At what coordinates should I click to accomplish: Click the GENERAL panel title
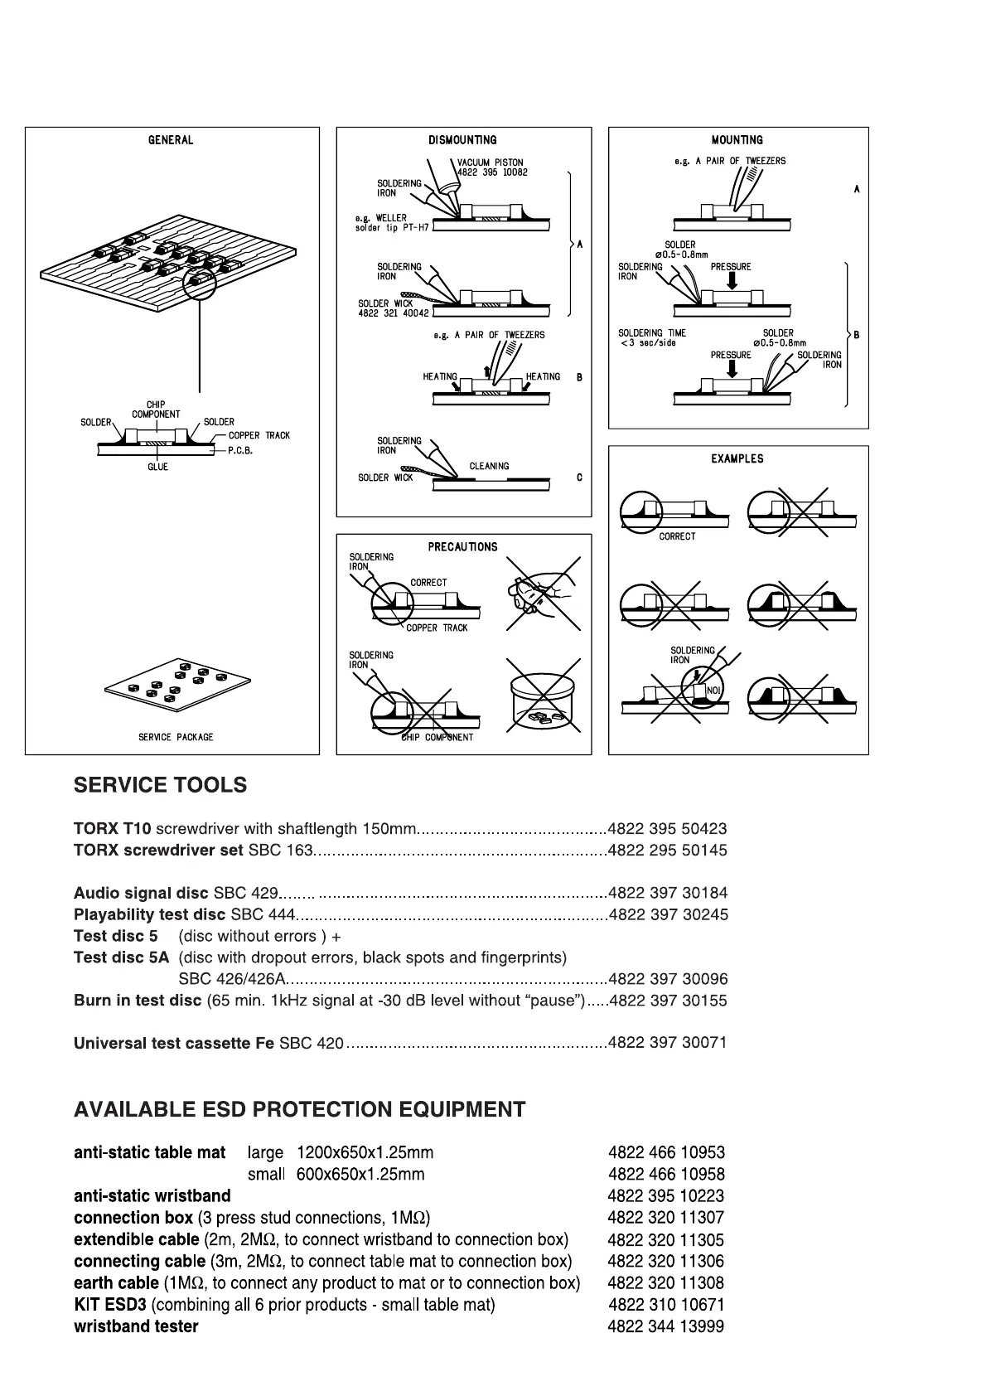click(171, 140)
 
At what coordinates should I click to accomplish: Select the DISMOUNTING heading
click(462, 140)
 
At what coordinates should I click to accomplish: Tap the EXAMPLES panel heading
click(737, 458)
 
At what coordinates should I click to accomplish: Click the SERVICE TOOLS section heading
click(160, 785)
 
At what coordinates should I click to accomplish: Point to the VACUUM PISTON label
click(491, 162)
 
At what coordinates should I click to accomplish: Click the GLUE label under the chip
click(157, 467)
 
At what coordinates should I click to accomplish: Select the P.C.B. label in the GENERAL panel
click(240, 451)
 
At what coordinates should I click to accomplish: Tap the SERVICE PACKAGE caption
click(176, 737)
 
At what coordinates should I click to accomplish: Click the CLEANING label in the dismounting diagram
click(489, 466)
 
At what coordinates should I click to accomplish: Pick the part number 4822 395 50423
click(667, 828)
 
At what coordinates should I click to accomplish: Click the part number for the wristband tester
click(665, 1326)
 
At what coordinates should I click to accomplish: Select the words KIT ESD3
click(110, 1305)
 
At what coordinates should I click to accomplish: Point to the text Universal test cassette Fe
click(174, 1043)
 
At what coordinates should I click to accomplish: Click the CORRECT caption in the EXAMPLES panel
click(677, 536)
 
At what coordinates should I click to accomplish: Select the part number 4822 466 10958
click(666, 1174)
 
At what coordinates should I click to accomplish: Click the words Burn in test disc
click(138, 1000)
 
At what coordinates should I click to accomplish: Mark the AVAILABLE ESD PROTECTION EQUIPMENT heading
click(299, 1109)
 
